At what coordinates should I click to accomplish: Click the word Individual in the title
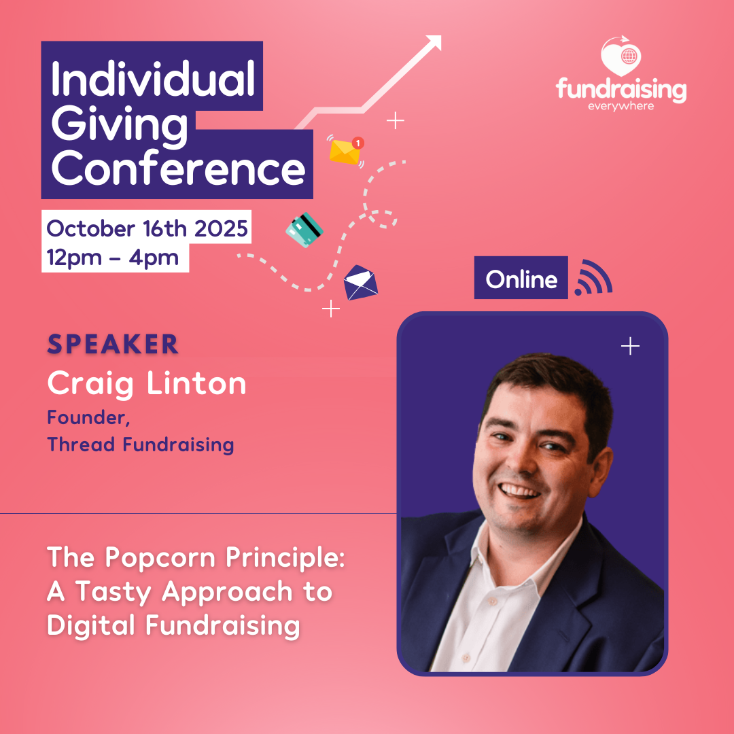153,78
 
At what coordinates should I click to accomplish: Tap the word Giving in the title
120,124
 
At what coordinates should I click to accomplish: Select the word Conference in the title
178,168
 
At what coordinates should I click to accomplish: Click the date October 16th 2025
147,228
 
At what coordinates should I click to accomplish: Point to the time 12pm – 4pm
112,258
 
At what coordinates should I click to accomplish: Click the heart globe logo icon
621,56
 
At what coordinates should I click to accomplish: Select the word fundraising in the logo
621,89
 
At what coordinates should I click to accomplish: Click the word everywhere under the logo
621,106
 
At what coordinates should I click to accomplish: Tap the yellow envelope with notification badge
347,151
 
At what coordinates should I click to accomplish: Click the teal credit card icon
304,230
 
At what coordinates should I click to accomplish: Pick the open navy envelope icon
360,283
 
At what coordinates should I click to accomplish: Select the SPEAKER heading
113,344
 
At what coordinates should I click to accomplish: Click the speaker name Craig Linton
147,383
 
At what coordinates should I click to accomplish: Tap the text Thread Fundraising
141,444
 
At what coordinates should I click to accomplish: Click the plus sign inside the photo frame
630,346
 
